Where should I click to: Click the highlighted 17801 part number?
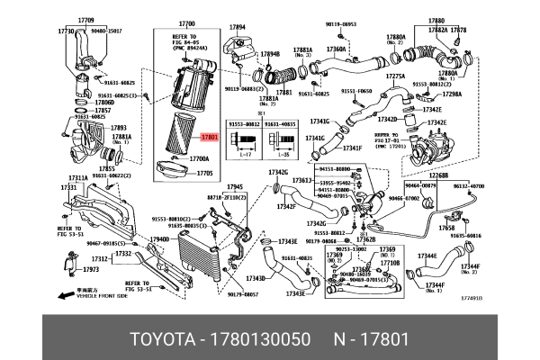(209, 139)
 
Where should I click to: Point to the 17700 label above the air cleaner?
(187, 22)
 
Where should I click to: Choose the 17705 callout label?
(203, 173)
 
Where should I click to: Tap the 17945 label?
(236, 186)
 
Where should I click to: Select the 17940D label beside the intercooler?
(159, 239)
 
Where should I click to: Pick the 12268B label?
(439, 175)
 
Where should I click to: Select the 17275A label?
(396, 77)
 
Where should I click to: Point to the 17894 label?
(238, 27)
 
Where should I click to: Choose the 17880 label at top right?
(436, 20)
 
